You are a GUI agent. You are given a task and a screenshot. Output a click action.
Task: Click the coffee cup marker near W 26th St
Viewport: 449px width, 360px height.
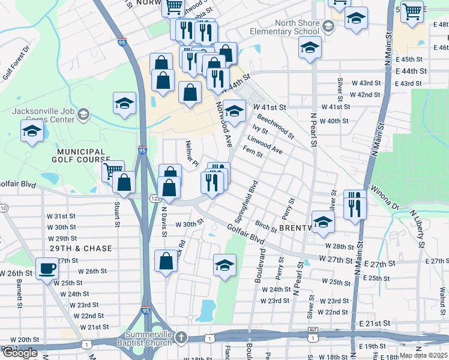click(47, 268)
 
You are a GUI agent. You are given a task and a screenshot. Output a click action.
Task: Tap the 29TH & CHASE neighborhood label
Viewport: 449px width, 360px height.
click(82, 248)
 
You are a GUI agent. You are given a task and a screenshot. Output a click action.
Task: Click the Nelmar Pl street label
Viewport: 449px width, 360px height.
click(191, 153)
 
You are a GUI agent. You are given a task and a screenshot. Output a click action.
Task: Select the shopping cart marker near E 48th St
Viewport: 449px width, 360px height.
click(412, 11)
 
